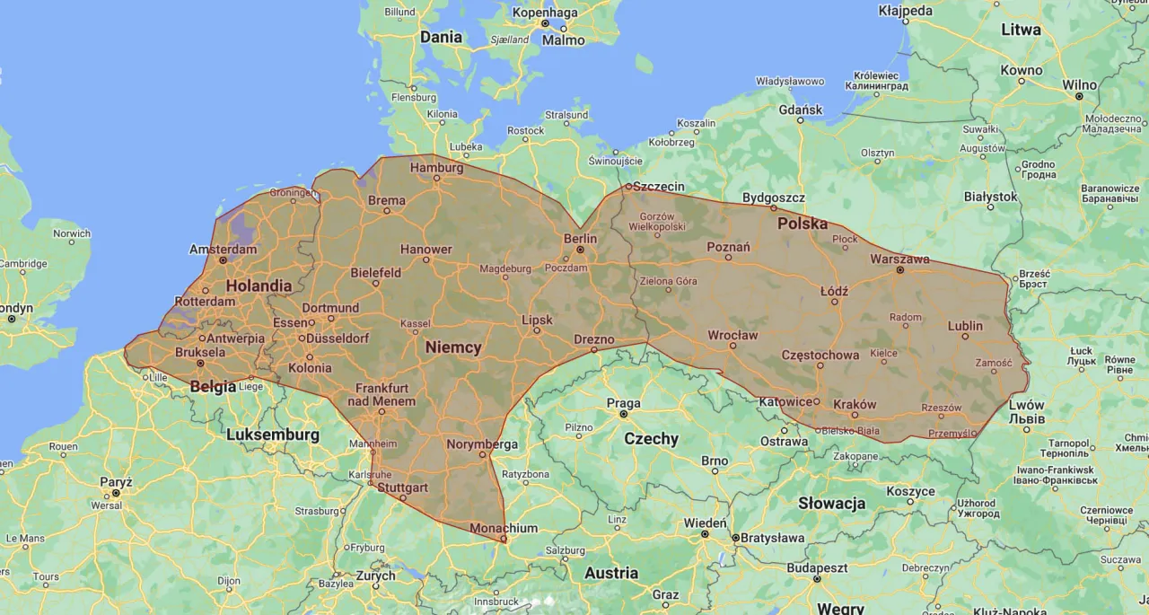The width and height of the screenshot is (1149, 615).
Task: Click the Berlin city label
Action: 580,238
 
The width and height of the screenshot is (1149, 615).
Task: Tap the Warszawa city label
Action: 899,259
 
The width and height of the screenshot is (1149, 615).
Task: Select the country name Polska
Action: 803,224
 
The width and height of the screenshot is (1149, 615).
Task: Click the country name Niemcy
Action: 453,347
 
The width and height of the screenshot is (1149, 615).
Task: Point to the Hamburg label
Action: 436,168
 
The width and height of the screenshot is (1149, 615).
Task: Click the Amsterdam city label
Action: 224,249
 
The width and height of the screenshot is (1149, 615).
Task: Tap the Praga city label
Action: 623,403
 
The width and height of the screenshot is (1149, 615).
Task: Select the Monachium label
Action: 504,528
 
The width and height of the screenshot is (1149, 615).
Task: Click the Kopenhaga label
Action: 545,13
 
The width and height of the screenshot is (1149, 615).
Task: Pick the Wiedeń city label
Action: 705,523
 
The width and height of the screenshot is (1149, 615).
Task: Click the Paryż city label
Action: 116,482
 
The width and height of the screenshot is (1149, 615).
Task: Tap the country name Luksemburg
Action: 273,435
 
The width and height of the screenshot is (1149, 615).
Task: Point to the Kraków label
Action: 855,404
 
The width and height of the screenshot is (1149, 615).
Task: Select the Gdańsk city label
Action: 801,110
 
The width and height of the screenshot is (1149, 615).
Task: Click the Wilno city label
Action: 1079,84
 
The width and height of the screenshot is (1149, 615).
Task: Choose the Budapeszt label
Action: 817,568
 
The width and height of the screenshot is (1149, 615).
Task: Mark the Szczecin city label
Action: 658,187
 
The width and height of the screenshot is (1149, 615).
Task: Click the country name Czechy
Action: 651,439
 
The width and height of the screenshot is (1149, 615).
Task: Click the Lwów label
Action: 1026,404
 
